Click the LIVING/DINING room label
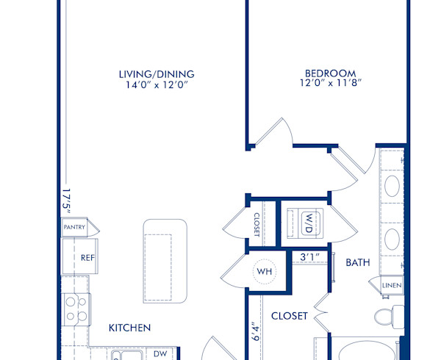tap(157, 73)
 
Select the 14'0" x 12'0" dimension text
tap(157, 84)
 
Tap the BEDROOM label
tap(331, 73)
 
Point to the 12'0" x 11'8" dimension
tap(331, 84)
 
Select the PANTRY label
tap(74, 228)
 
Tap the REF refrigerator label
tap(87, 258)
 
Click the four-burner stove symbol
tap(76, 309)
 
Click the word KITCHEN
tap(130, 328)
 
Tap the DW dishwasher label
tap(161, 353)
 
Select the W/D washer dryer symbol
tap(309, 221)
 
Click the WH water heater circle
tap(264, 271)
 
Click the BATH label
tap(358, 262)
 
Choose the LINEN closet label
tap(390, 285)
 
